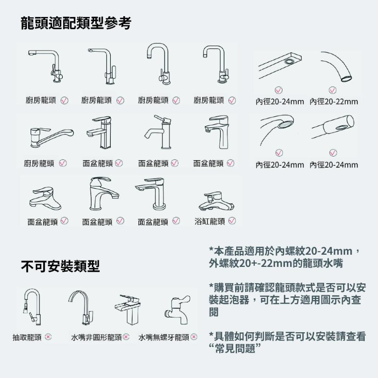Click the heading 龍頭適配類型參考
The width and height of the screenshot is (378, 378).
pos(76,23)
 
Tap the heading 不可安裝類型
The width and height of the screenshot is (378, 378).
pos(60,266)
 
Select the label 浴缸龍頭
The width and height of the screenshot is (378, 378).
pos(210,221)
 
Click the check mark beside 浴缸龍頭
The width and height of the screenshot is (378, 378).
pos(232,221)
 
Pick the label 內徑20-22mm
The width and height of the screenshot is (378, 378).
pos(334,102)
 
